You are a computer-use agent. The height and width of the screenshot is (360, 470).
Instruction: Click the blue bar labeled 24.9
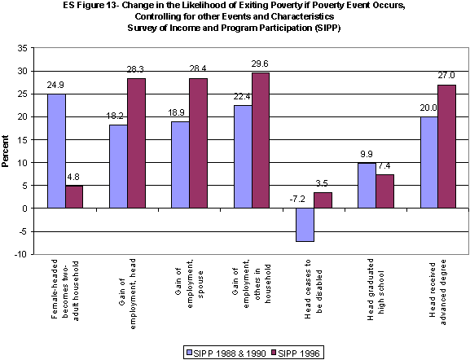pyautogui.click(x=56, y=151)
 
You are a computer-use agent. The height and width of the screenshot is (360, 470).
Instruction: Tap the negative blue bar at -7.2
pyautogui.click(x=305, y=225)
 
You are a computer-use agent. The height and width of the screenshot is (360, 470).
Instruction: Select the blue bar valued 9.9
pyautogui.click(x=367, y=186)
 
